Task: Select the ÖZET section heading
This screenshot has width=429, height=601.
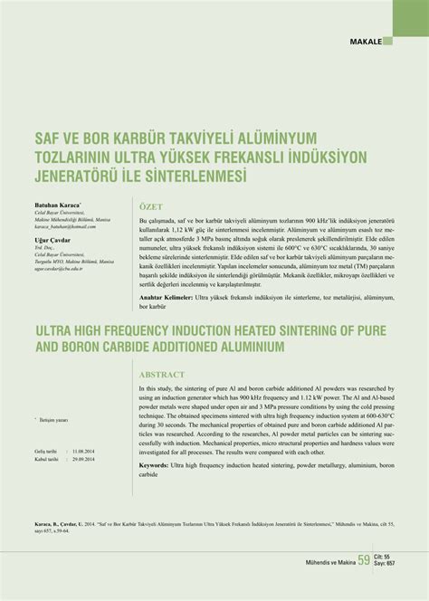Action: coord(151,206)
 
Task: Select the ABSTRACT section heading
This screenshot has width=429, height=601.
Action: coord(162,374)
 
